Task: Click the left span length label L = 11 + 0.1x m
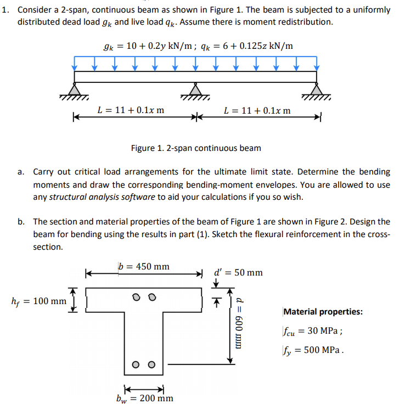pos(131,110)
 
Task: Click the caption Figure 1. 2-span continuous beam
pos(196,148)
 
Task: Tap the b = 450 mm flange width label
pos(144,267)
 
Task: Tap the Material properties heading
pos(323,312)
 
